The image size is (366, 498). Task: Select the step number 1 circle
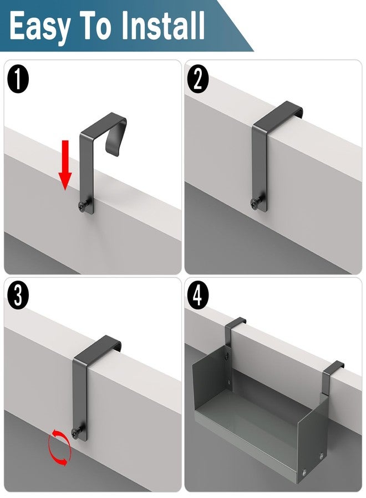pos(18,79)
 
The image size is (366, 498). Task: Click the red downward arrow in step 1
pos(65,165)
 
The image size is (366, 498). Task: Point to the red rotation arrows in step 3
pos(59,447)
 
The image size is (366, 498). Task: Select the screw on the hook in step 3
pos(77,430)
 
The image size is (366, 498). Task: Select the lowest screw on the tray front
pos(305,471)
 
